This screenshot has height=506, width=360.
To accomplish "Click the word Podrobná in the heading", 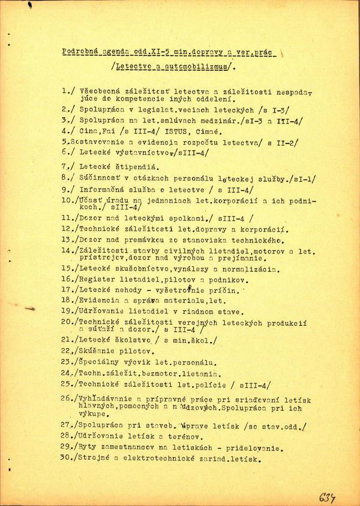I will tap(79, 52).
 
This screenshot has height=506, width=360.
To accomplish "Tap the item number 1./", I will tap(69, 92).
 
